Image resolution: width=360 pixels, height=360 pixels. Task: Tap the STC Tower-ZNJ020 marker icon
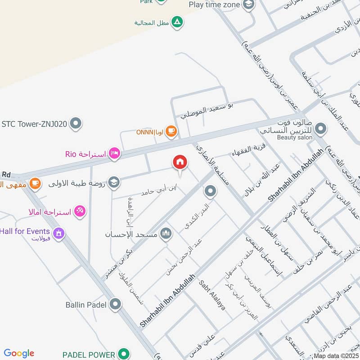point(76,123)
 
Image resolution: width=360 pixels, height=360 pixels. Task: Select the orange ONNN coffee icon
point(171,131)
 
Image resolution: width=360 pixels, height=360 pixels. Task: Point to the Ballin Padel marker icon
point(115,305)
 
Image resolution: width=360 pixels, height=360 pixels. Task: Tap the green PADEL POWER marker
point(122,353)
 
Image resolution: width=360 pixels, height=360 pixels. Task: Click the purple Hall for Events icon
point(58,233)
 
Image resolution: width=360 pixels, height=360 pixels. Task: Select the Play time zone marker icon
point(248,4)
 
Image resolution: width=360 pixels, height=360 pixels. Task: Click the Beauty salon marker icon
point(320,129)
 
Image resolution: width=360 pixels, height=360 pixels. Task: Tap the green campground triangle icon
point(177,22)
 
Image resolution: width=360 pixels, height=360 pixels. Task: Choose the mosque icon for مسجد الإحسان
point(166,233)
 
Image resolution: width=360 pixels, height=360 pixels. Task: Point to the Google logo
point(19,353)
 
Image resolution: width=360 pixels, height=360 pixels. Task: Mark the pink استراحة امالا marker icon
point(80,211)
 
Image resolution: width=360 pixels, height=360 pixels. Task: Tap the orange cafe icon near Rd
point(35,184)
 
